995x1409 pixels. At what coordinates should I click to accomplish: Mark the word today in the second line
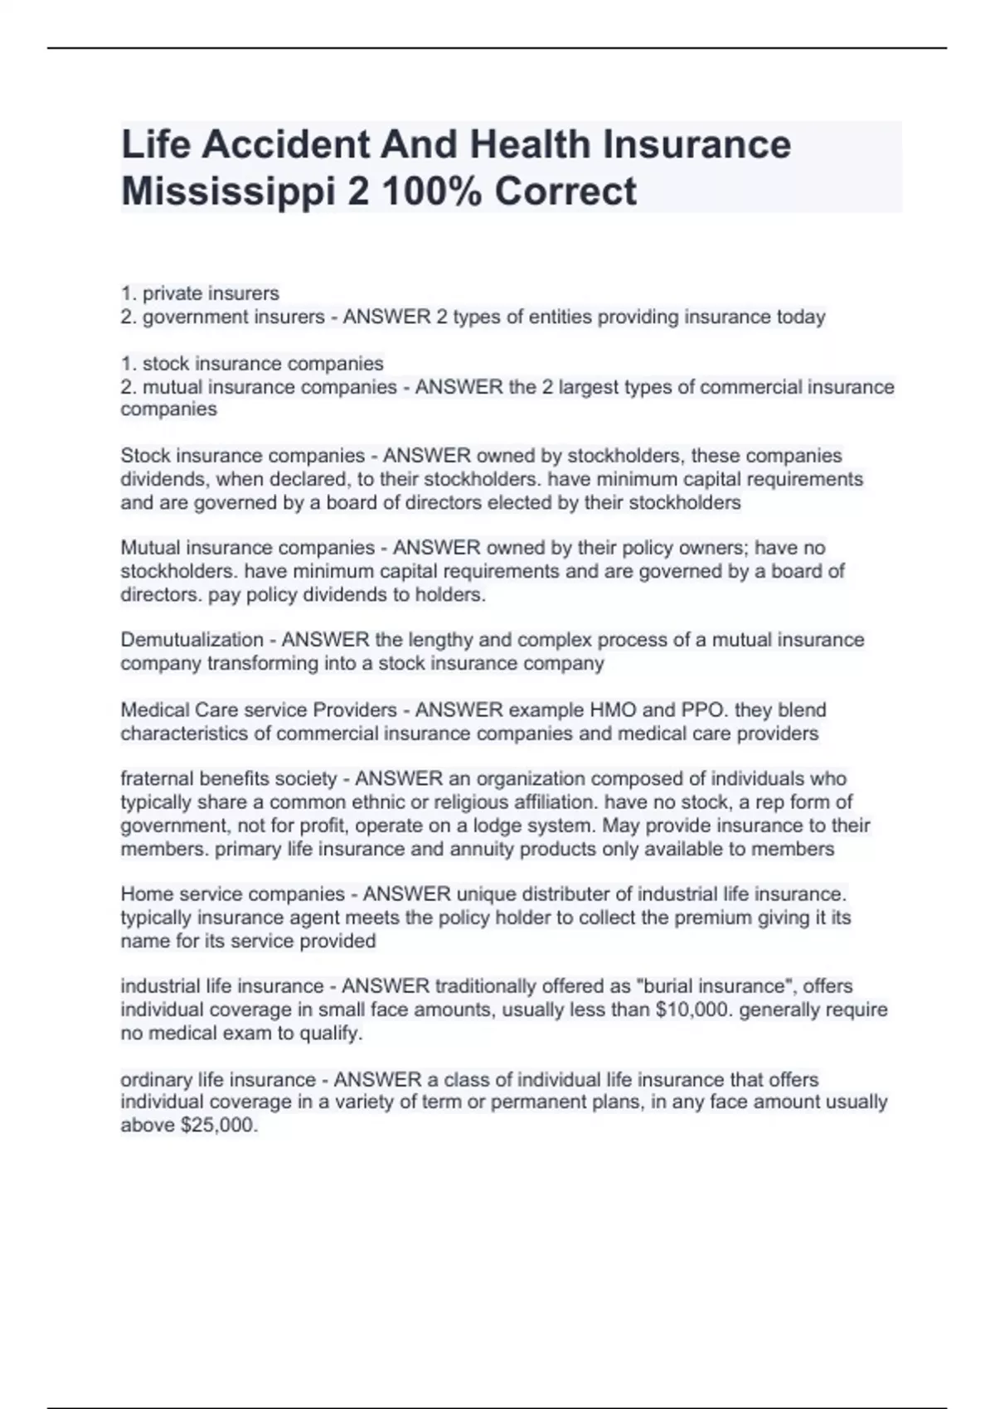click(x=800, y=317)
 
